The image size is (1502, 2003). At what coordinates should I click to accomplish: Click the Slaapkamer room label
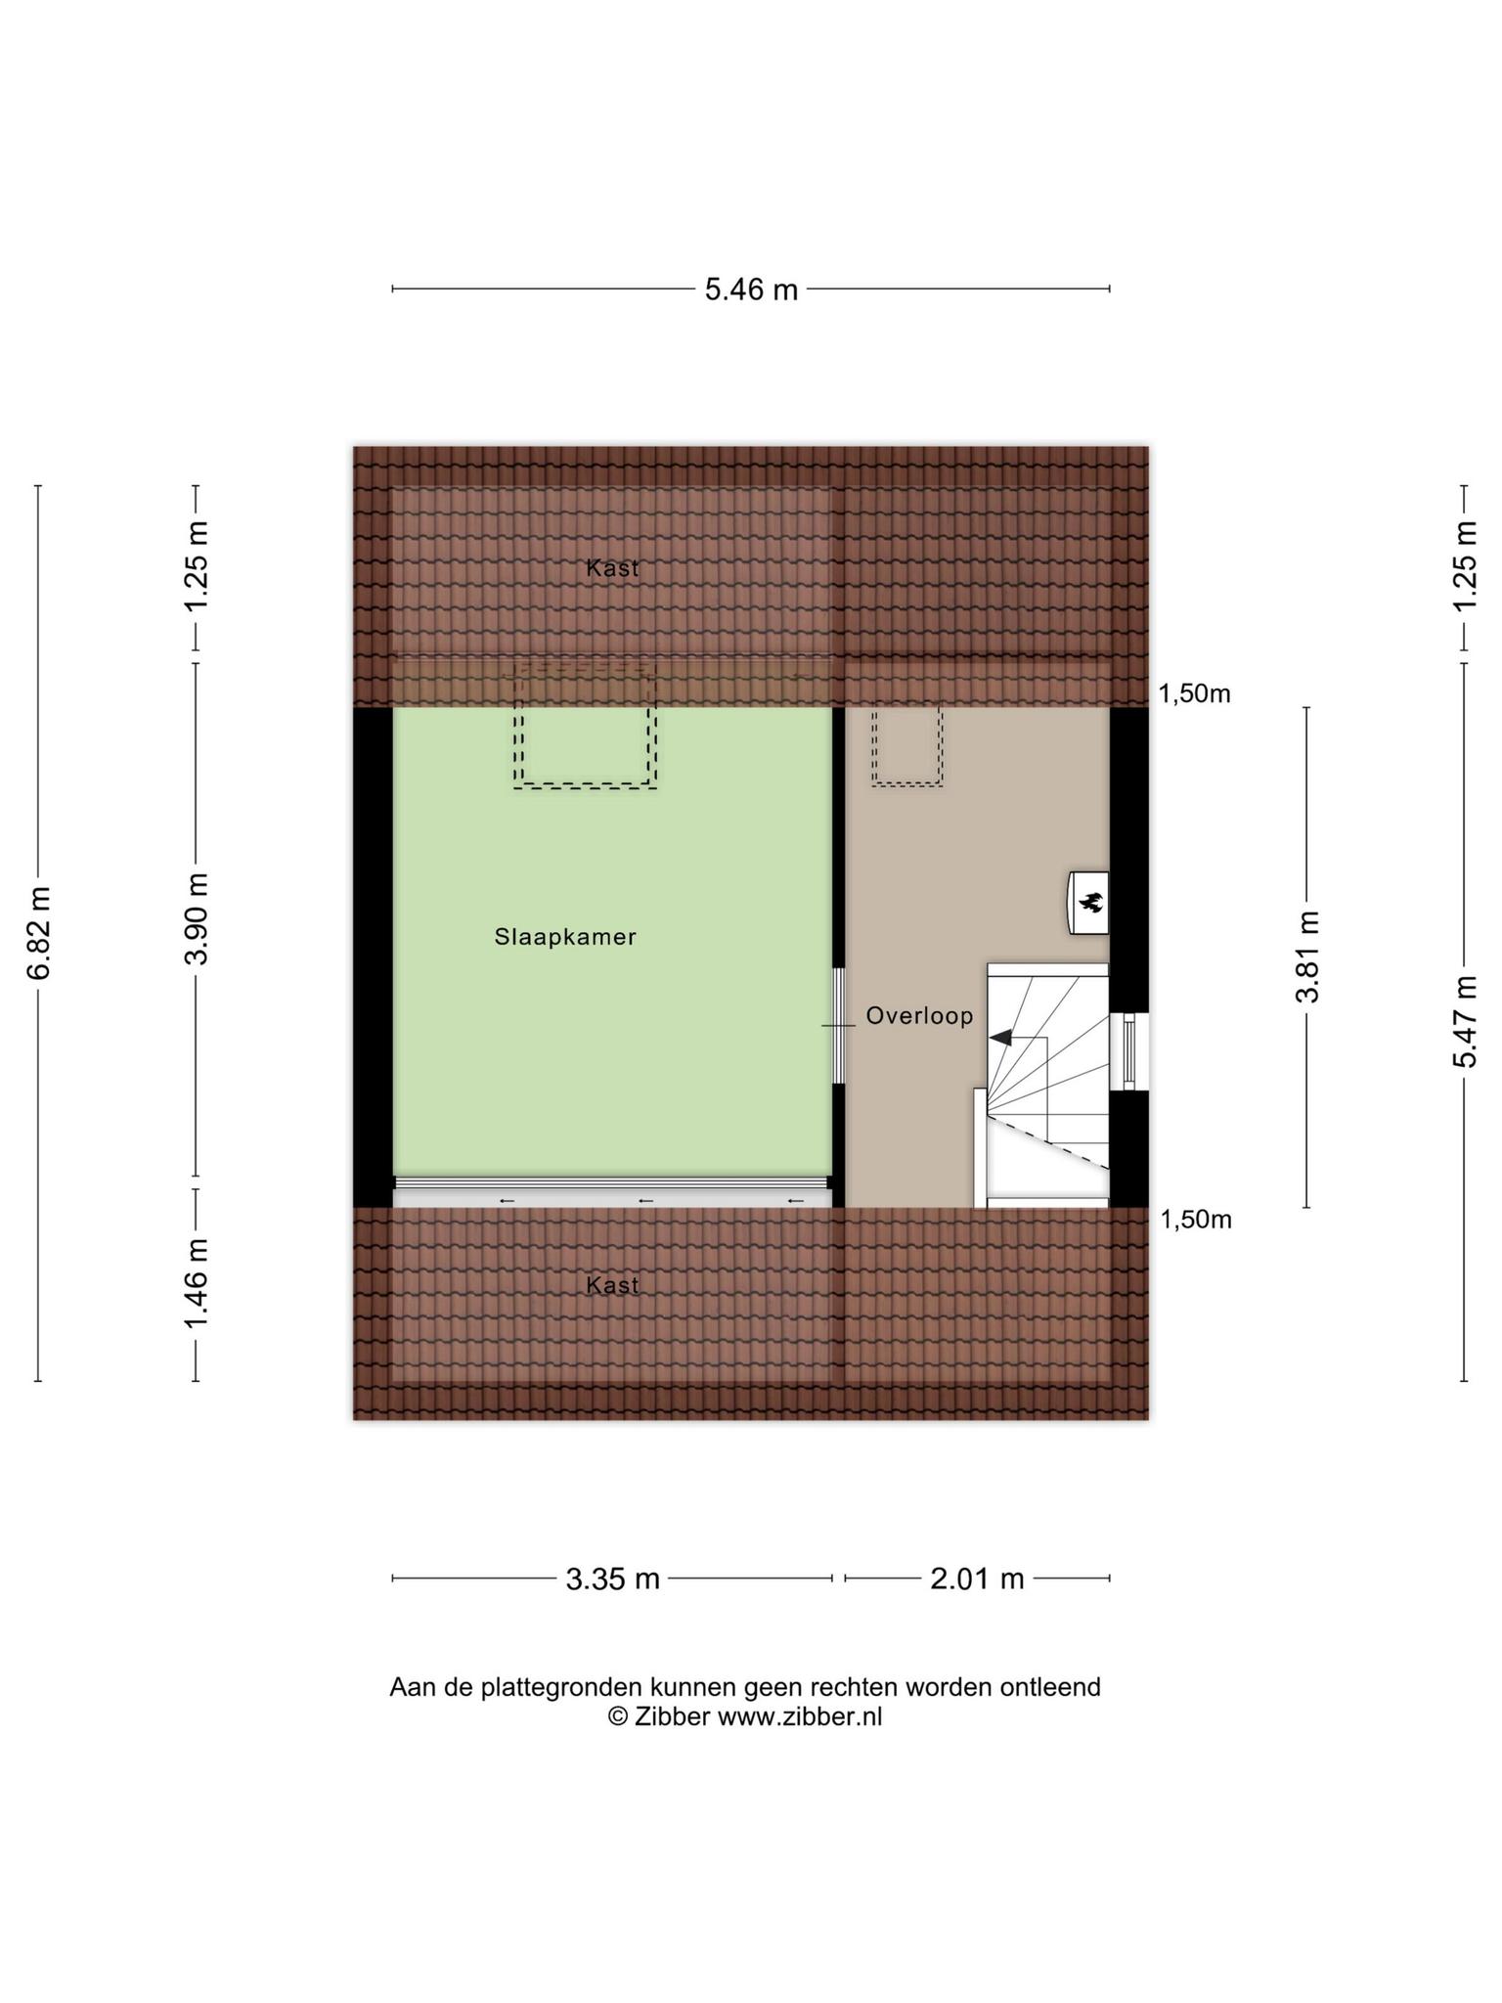click(x=565, y=937)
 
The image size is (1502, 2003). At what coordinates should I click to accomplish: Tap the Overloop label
click(x=919, y=1016)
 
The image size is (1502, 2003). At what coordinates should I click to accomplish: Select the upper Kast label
click(x=613, y=568)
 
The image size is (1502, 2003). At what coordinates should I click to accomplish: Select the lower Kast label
click(x=613, y=1285)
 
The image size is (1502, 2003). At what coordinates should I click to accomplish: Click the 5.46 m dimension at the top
click(x=751, y=289)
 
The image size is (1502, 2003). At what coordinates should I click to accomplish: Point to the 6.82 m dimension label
click(x=39, y=932)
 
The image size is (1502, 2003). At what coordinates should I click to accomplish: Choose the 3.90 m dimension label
click(x=197, y=918)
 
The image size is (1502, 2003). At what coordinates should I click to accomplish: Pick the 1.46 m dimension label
click(x=197, y=1284)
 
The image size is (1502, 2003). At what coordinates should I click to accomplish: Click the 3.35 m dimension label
click(x=613, y=1579)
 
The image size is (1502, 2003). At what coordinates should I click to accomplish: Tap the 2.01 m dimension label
click(x=977, y=1579)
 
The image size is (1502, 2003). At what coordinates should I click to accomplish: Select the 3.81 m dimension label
click(x=1307, y=957)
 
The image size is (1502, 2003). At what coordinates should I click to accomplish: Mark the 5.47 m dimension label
click(x=1464, y=1021)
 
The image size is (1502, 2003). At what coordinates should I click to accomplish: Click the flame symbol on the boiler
click(x=1090, y=902)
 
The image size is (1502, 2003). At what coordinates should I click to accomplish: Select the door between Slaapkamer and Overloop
click(x=838, y=1025)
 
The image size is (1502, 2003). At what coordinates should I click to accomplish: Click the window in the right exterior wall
click(x=1129, y=1051)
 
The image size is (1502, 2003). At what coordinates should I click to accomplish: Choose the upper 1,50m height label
click(x=1195, y=694)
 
